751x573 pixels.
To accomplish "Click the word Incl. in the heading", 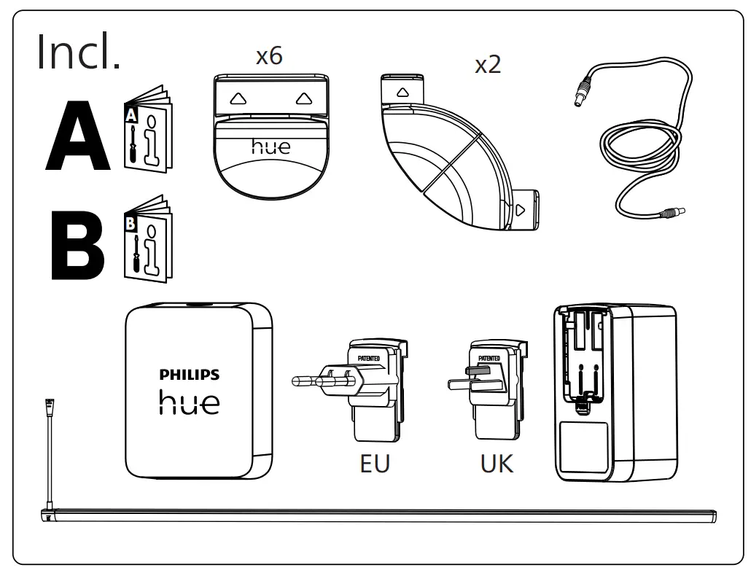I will point(79,52).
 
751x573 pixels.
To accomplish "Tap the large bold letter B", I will point(77,246).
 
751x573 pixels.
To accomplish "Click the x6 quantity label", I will point(269,57).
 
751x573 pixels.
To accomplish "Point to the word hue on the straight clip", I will point(271,147).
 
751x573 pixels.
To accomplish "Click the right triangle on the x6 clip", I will point(303,98).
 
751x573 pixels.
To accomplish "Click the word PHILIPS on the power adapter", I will point(189,375).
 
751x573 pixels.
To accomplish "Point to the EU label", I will point(375,464).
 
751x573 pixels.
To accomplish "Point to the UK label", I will point(497,464).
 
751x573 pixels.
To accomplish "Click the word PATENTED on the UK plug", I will point(489,358).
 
